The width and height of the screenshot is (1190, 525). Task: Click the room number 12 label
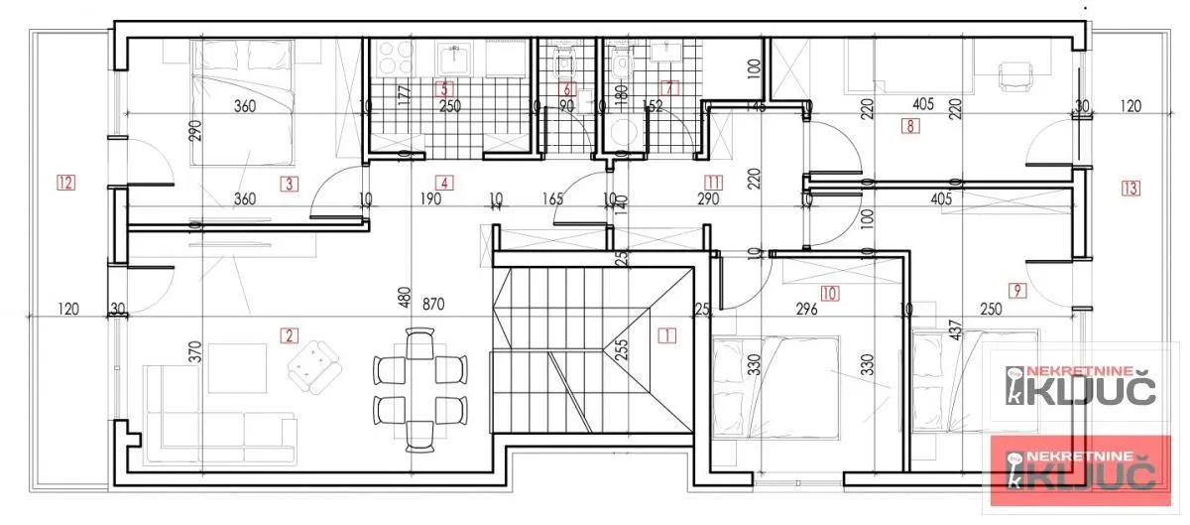coord(66,183)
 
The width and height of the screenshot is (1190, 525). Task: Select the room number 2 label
coord(290,335)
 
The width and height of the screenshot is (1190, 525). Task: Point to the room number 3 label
coord(288,183)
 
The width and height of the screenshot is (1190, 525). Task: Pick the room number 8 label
coord(908,126)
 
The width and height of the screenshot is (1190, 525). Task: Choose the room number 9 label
coord(1015,291)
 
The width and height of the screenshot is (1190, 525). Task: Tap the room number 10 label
coord(830,293)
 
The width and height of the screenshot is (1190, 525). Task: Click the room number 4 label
coord(445,183)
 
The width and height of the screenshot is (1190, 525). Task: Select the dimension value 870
coord(432,304)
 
